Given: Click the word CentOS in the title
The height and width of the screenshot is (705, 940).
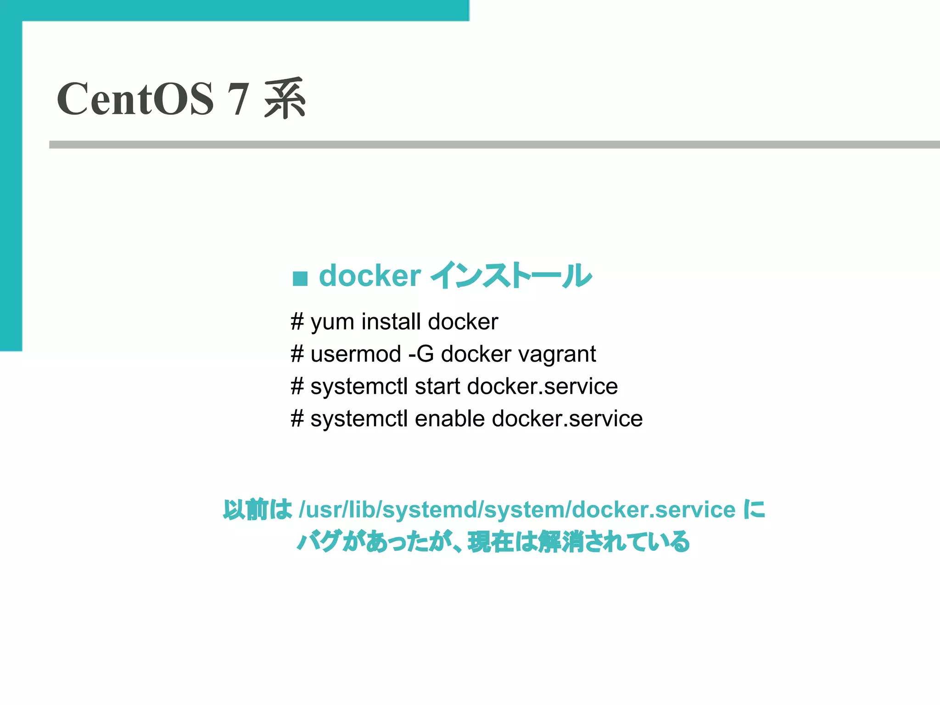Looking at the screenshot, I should (x=135, y=99).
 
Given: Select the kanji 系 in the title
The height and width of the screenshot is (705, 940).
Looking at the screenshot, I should (x=285, y=99).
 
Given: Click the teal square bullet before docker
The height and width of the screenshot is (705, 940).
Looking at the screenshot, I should (x=300, y=278).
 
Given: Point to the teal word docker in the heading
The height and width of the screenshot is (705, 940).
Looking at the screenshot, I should (x=369, y=276).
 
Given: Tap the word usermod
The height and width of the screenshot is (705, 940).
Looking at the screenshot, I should (x=356, y=354).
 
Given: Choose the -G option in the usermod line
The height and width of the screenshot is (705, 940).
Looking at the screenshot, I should (x=420, y=354).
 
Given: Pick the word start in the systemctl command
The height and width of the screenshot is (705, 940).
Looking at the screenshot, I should (x=437, y=386).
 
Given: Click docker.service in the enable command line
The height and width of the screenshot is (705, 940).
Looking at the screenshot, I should (x=567, y=419).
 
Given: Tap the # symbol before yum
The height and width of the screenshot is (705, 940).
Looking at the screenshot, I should (x=297, y=322).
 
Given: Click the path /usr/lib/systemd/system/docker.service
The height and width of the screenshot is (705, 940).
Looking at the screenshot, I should (x=517, y=509).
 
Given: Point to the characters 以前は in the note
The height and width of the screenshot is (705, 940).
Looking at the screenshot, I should (x=257, y=509).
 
